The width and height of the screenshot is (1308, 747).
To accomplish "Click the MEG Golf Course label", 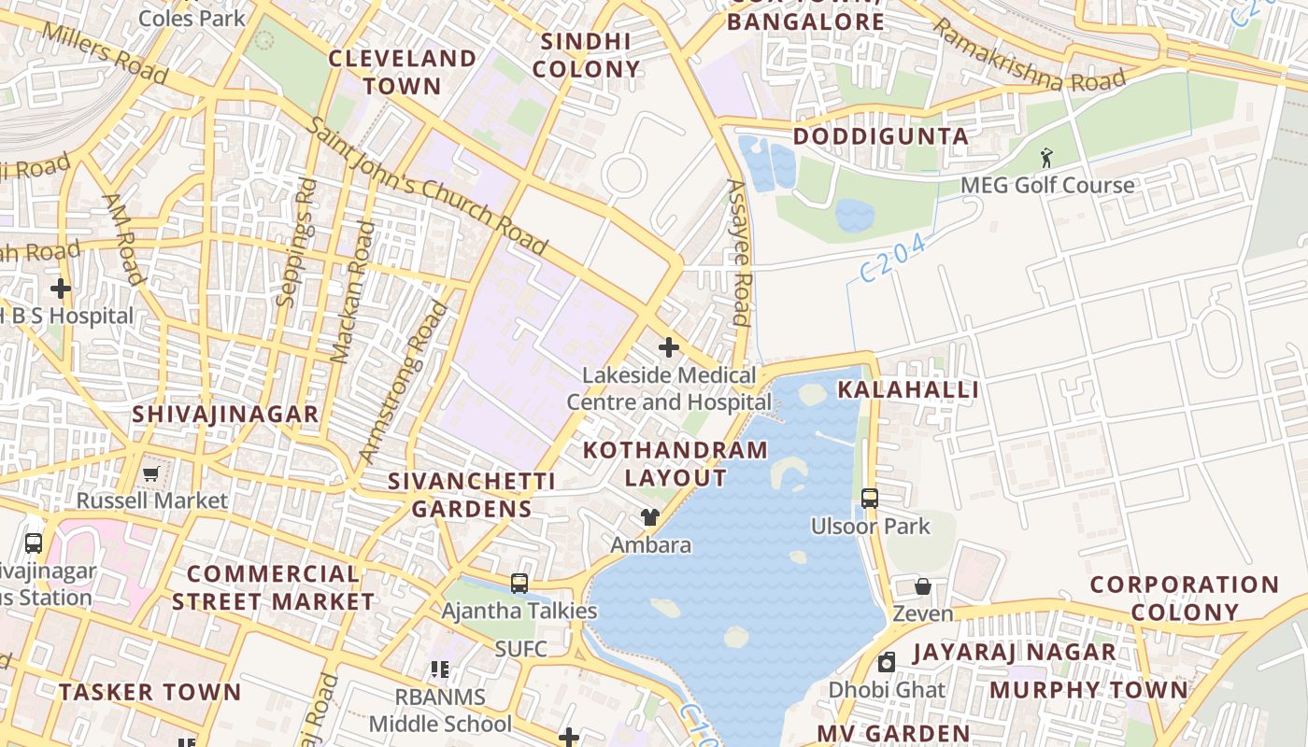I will [1047, 185].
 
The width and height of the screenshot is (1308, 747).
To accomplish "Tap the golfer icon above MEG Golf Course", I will [1046, 158].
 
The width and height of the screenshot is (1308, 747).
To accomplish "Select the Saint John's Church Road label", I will [426, 186].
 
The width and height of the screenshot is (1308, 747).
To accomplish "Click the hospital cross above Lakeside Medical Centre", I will [669, 347].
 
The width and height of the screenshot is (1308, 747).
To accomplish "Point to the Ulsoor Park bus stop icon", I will [870, 499].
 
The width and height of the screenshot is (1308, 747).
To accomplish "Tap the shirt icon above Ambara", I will [650, 517].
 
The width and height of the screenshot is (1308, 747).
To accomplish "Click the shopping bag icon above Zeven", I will [923, 586].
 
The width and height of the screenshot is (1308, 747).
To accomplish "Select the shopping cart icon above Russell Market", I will [151, 473].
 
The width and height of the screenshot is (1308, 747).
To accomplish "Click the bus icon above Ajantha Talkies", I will [519, 584].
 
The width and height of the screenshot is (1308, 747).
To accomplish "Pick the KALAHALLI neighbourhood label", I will [908, 390].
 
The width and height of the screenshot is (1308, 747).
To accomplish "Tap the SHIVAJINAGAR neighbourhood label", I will [225, 414].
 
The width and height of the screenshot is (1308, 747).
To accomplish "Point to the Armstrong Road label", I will [404, 383].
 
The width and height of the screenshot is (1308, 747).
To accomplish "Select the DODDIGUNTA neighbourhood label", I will [880, 136].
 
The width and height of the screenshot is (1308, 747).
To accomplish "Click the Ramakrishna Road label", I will [1027, 56].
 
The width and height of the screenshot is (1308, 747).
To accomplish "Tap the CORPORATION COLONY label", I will [1184, 599].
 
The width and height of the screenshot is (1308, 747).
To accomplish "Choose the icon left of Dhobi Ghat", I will [887, 663].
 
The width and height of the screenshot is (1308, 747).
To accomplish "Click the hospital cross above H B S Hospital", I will [61, 289].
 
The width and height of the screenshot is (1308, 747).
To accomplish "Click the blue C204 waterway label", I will [892, 258].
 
